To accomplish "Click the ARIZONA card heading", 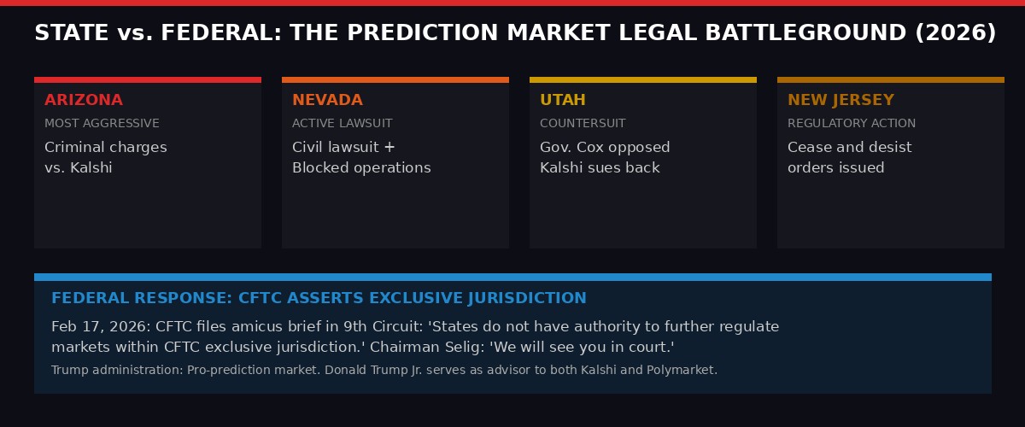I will (x=84, y=100).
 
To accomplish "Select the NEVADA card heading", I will (x=327, y=100).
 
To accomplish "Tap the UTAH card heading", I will (x=563, y=100).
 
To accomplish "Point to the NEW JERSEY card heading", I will (x=840, y=100).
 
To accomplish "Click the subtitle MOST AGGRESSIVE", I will (x=102, y=124).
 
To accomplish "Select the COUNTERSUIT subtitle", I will (x=583, y=124).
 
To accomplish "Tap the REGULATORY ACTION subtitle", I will (x=852, y=124).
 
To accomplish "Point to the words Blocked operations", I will (x=361, y=167).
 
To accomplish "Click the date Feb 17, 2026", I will (x=94, y=327).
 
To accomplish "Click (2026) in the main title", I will (x=955, y=33).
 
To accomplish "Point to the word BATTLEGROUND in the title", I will (x=817, y=33).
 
